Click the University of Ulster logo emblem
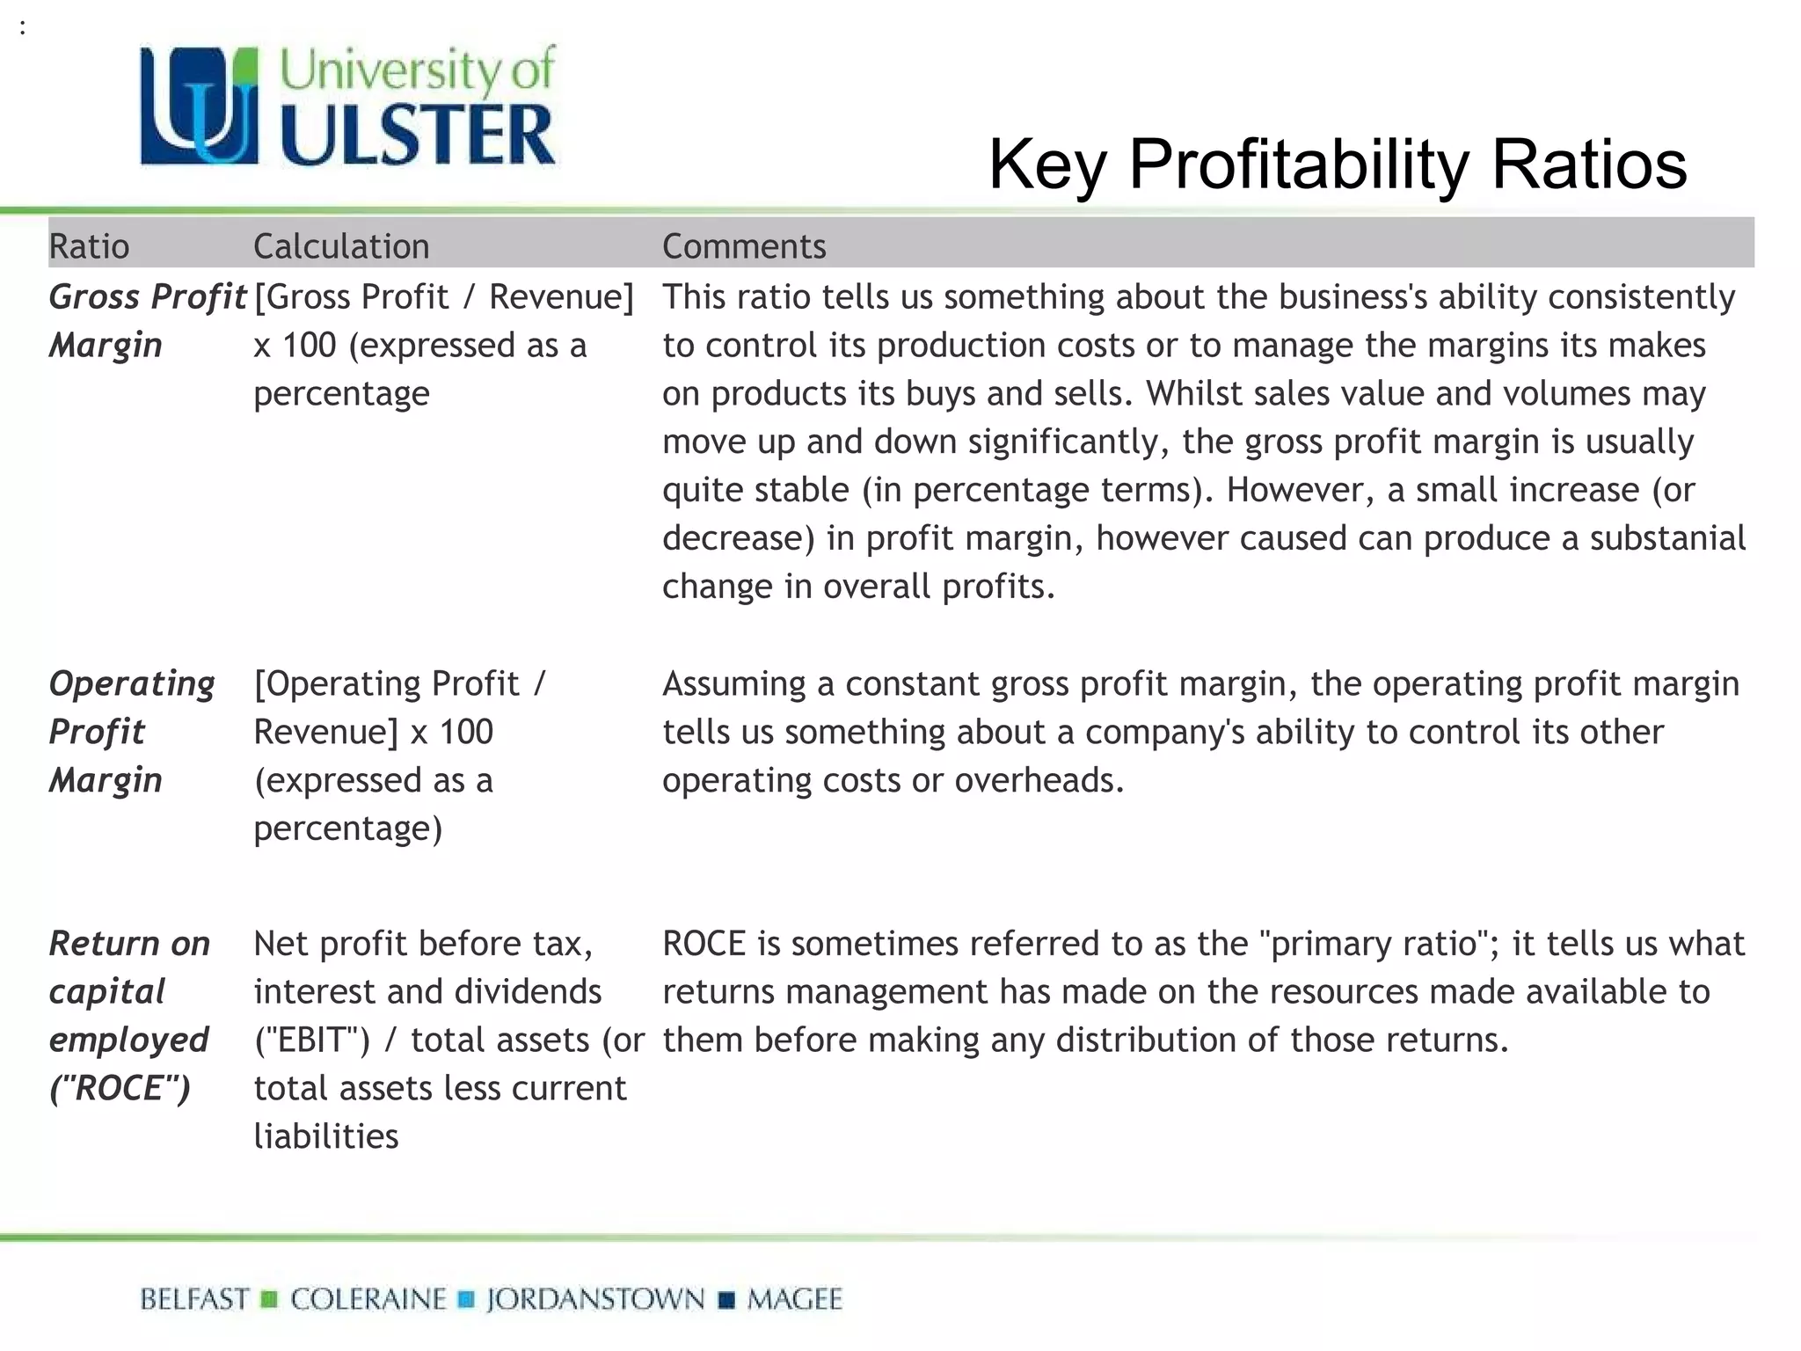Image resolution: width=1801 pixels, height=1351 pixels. click(x=200, y=106)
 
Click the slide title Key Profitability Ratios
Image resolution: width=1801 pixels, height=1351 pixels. click(x=1337, y=164)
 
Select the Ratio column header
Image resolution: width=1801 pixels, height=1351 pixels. click(x=89, y=246)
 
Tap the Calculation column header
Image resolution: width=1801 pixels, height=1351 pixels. click(x=341, y=246)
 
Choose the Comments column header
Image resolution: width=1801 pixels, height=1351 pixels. click(x=744, y=246)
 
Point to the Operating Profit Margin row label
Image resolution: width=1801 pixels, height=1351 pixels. click(x=132, y=731)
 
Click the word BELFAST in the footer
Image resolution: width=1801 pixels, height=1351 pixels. click(x=194, y=1299)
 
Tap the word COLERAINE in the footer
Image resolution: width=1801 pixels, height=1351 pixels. click(x=368, y=1299)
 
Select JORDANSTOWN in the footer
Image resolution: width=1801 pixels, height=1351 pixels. click(x=595, y=1299)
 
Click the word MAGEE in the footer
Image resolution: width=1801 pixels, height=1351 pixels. click(x=795, y=1299)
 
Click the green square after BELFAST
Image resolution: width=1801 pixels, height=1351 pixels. click(x=269, y=1299)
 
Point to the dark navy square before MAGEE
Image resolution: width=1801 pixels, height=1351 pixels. click(x=726, y=1300)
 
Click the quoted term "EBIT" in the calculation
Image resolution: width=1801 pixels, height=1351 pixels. click(x=312, y=1041)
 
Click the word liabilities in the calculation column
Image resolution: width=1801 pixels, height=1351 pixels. click(x=326, y=1136)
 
